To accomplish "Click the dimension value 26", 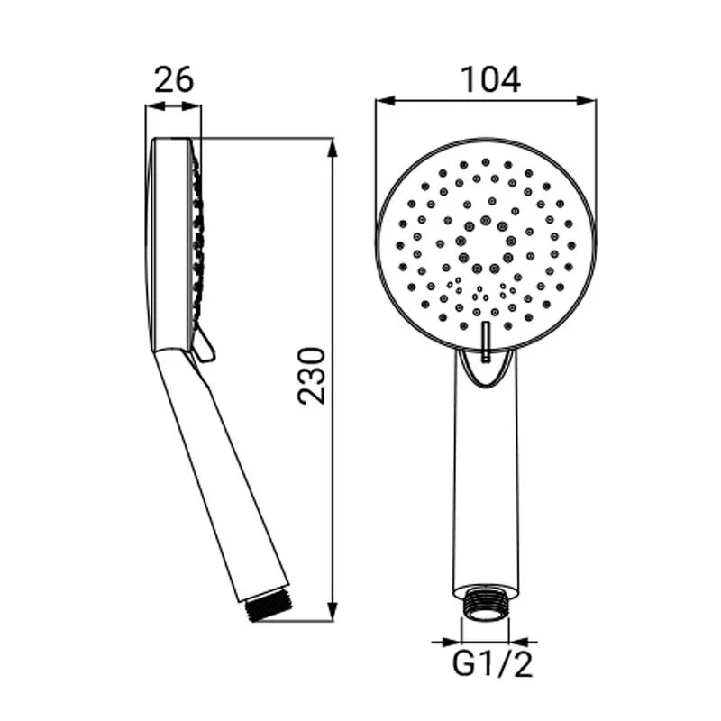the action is [174, 79].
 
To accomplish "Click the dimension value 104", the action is [490, 79].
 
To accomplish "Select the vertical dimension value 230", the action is [311, 376].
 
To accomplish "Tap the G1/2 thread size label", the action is [492, 663].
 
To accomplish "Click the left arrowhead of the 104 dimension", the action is [386, 101].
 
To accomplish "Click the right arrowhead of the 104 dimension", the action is [587, 101].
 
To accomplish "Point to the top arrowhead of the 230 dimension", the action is [333, 148].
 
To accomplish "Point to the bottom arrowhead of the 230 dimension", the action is [333, 611].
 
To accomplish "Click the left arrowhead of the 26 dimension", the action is [155, 106].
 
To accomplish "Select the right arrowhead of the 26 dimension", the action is [191, 106].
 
